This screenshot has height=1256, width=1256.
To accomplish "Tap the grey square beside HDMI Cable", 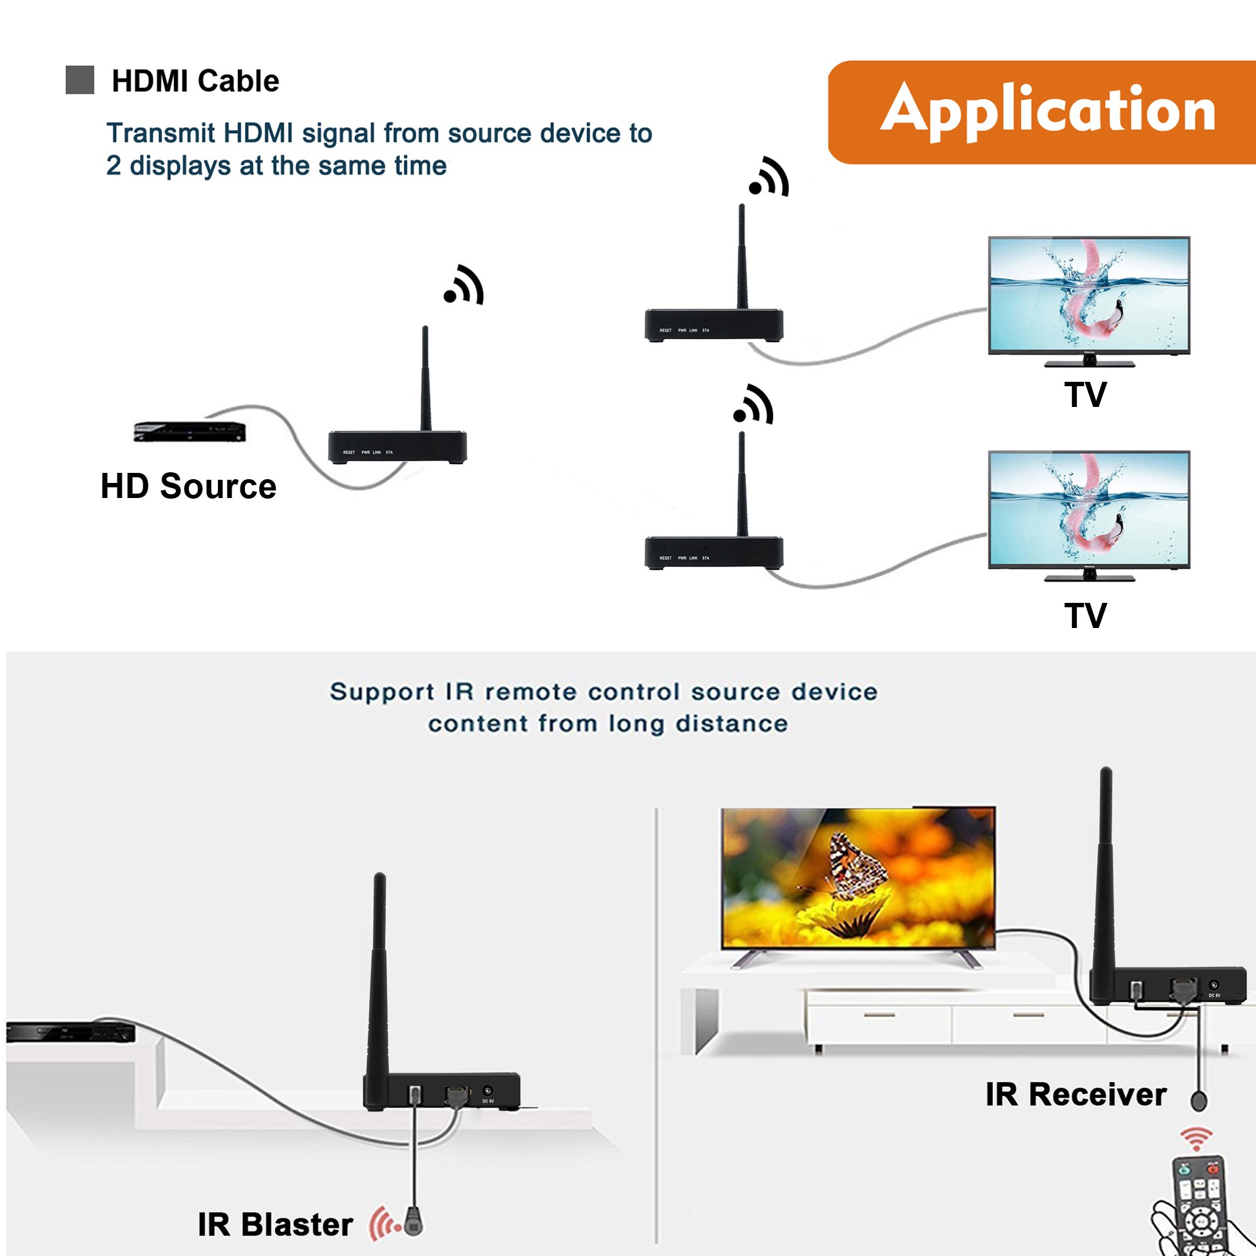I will point(80,80).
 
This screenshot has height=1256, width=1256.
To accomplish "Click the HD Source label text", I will point(188,486).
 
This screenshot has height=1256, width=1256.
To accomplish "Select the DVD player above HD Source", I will point(189,431).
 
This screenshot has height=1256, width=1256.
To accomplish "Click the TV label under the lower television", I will point(1085,615).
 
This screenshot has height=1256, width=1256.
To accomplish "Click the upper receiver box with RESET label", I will point(713,325).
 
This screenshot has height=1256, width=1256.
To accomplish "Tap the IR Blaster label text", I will point(275,1225).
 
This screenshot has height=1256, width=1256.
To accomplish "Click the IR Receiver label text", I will point(1075,1094).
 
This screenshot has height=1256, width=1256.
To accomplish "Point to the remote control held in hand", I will point(1200,1206).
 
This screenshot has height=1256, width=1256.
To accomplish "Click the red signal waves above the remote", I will point(1197,1139).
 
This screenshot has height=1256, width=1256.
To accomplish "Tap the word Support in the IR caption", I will point(382,691).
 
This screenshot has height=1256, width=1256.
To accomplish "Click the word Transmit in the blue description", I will point(161,133).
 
